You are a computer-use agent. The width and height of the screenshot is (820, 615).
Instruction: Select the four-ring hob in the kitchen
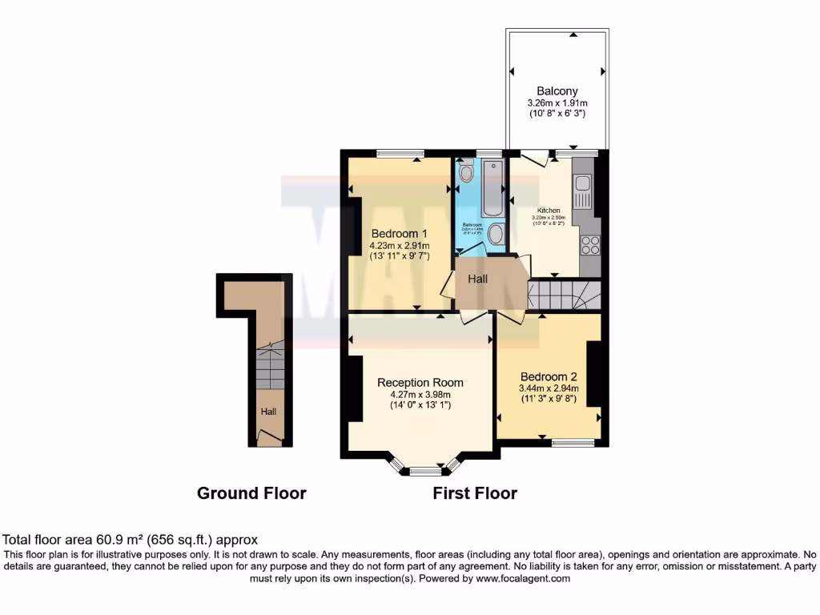[590, 245]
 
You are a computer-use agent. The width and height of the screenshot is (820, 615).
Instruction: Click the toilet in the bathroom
[467, 172]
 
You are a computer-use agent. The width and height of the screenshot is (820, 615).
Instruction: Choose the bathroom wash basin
[496, 235]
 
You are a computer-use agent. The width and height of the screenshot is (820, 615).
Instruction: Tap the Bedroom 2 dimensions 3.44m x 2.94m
[549, 388]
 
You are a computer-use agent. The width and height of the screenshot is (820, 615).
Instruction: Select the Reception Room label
[420, 382]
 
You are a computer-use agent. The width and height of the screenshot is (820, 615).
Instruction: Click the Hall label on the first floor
[478, 279]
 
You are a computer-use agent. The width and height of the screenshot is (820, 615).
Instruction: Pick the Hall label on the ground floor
[268, 412]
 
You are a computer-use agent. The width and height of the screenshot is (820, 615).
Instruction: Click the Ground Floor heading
[251, 493]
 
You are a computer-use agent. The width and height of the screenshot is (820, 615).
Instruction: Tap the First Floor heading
[475, 493]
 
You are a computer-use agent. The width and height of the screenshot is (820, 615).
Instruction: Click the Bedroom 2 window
[572, 442]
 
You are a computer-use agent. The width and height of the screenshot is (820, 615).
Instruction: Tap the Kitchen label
[549, 210]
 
